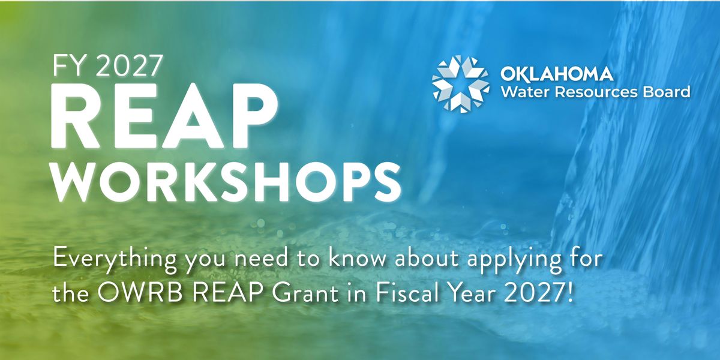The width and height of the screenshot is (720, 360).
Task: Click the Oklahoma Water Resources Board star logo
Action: (461, 84)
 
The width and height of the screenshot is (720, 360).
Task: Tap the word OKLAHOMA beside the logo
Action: (557, 74)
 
